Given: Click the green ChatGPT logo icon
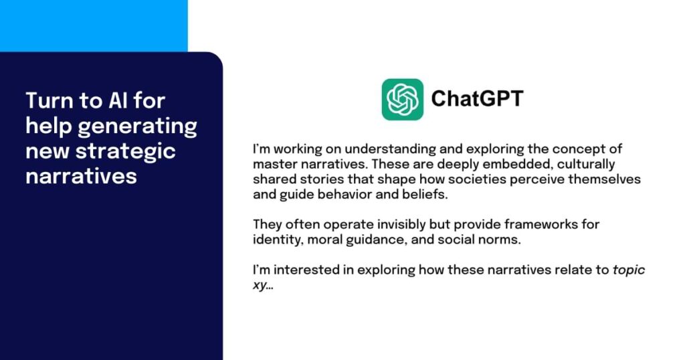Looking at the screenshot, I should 402,99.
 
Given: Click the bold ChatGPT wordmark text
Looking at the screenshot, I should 477,99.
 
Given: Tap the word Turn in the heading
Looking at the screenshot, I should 48,100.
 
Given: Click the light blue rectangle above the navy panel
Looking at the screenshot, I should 94,25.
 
